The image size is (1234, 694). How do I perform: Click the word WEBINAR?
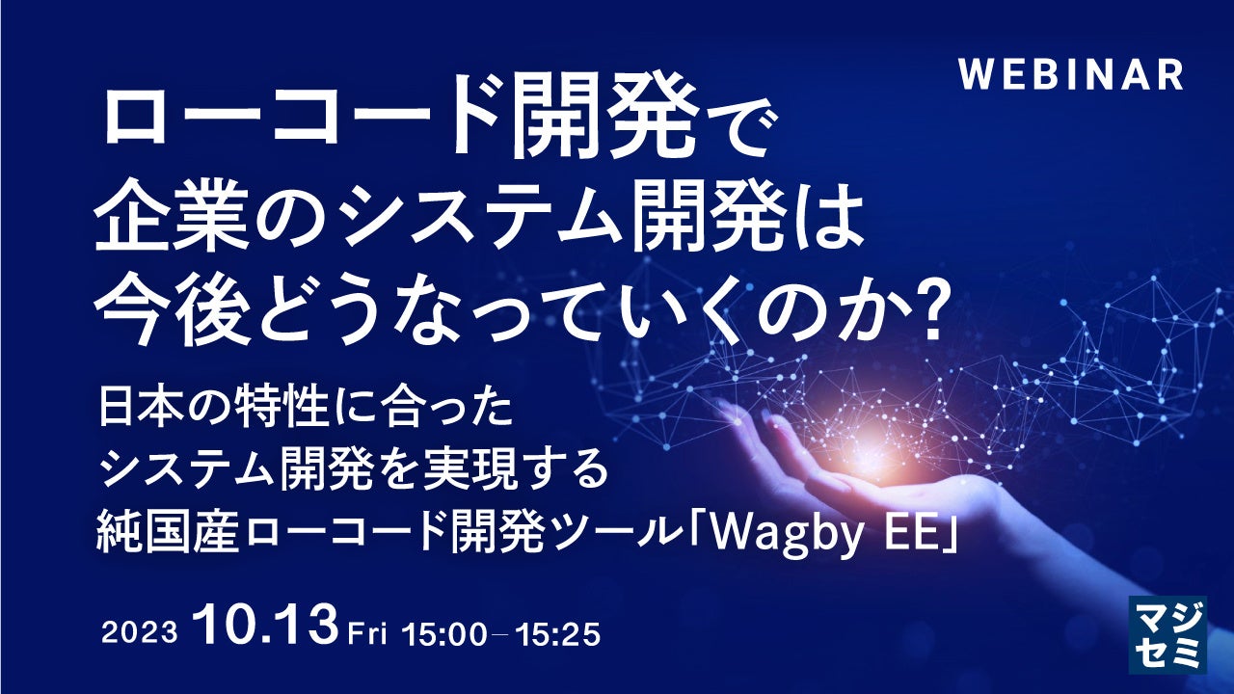tap(1070, 75)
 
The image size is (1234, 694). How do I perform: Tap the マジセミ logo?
tap(1167, 643)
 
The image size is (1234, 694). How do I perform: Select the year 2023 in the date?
tap(140, 633)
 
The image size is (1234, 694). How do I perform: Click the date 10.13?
tap(265, 627)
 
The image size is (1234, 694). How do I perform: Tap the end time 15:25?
tap(557, 634)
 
